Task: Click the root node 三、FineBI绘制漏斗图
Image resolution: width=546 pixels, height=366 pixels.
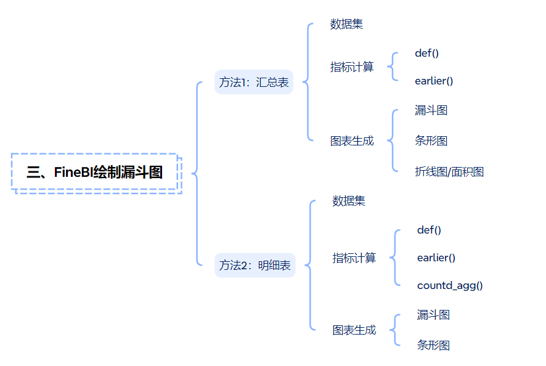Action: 95,173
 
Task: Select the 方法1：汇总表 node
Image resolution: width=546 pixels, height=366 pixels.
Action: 254,83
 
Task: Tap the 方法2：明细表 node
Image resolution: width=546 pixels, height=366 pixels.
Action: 255,266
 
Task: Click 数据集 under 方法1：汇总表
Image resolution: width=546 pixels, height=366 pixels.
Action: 346,25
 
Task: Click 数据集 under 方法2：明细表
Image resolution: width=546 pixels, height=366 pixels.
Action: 349,201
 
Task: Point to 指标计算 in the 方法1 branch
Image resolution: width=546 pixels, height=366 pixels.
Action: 352,67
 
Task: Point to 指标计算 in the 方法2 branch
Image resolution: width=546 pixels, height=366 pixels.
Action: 354,258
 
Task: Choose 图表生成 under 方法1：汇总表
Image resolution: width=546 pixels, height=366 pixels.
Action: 352,141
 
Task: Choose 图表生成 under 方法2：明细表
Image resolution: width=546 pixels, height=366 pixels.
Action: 354,330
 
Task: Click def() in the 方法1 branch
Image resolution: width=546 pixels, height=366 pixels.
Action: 427,53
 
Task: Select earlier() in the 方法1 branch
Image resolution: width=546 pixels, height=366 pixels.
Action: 434,81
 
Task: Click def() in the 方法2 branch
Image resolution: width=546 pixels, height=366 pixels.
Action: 430,230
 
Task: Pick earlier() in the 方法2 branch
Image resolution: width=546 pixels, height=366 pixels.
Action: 436,258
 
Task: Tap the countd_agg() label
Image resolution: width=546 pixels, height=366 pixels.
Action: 450,285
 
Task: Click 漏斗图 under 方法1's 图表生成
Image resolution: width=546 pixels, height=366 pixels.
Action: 431,111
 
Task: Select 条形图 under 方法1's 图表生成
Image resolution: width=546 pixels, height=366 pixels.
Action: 431,141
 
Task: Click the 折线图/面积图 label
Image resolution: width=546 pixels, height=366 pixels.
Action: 449,172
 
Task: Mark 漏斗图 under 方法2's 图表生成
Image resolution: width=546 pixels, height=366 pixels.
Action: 433,315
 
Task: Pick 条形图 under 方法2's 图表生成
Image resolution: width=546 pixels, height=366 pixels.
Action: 433,346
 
